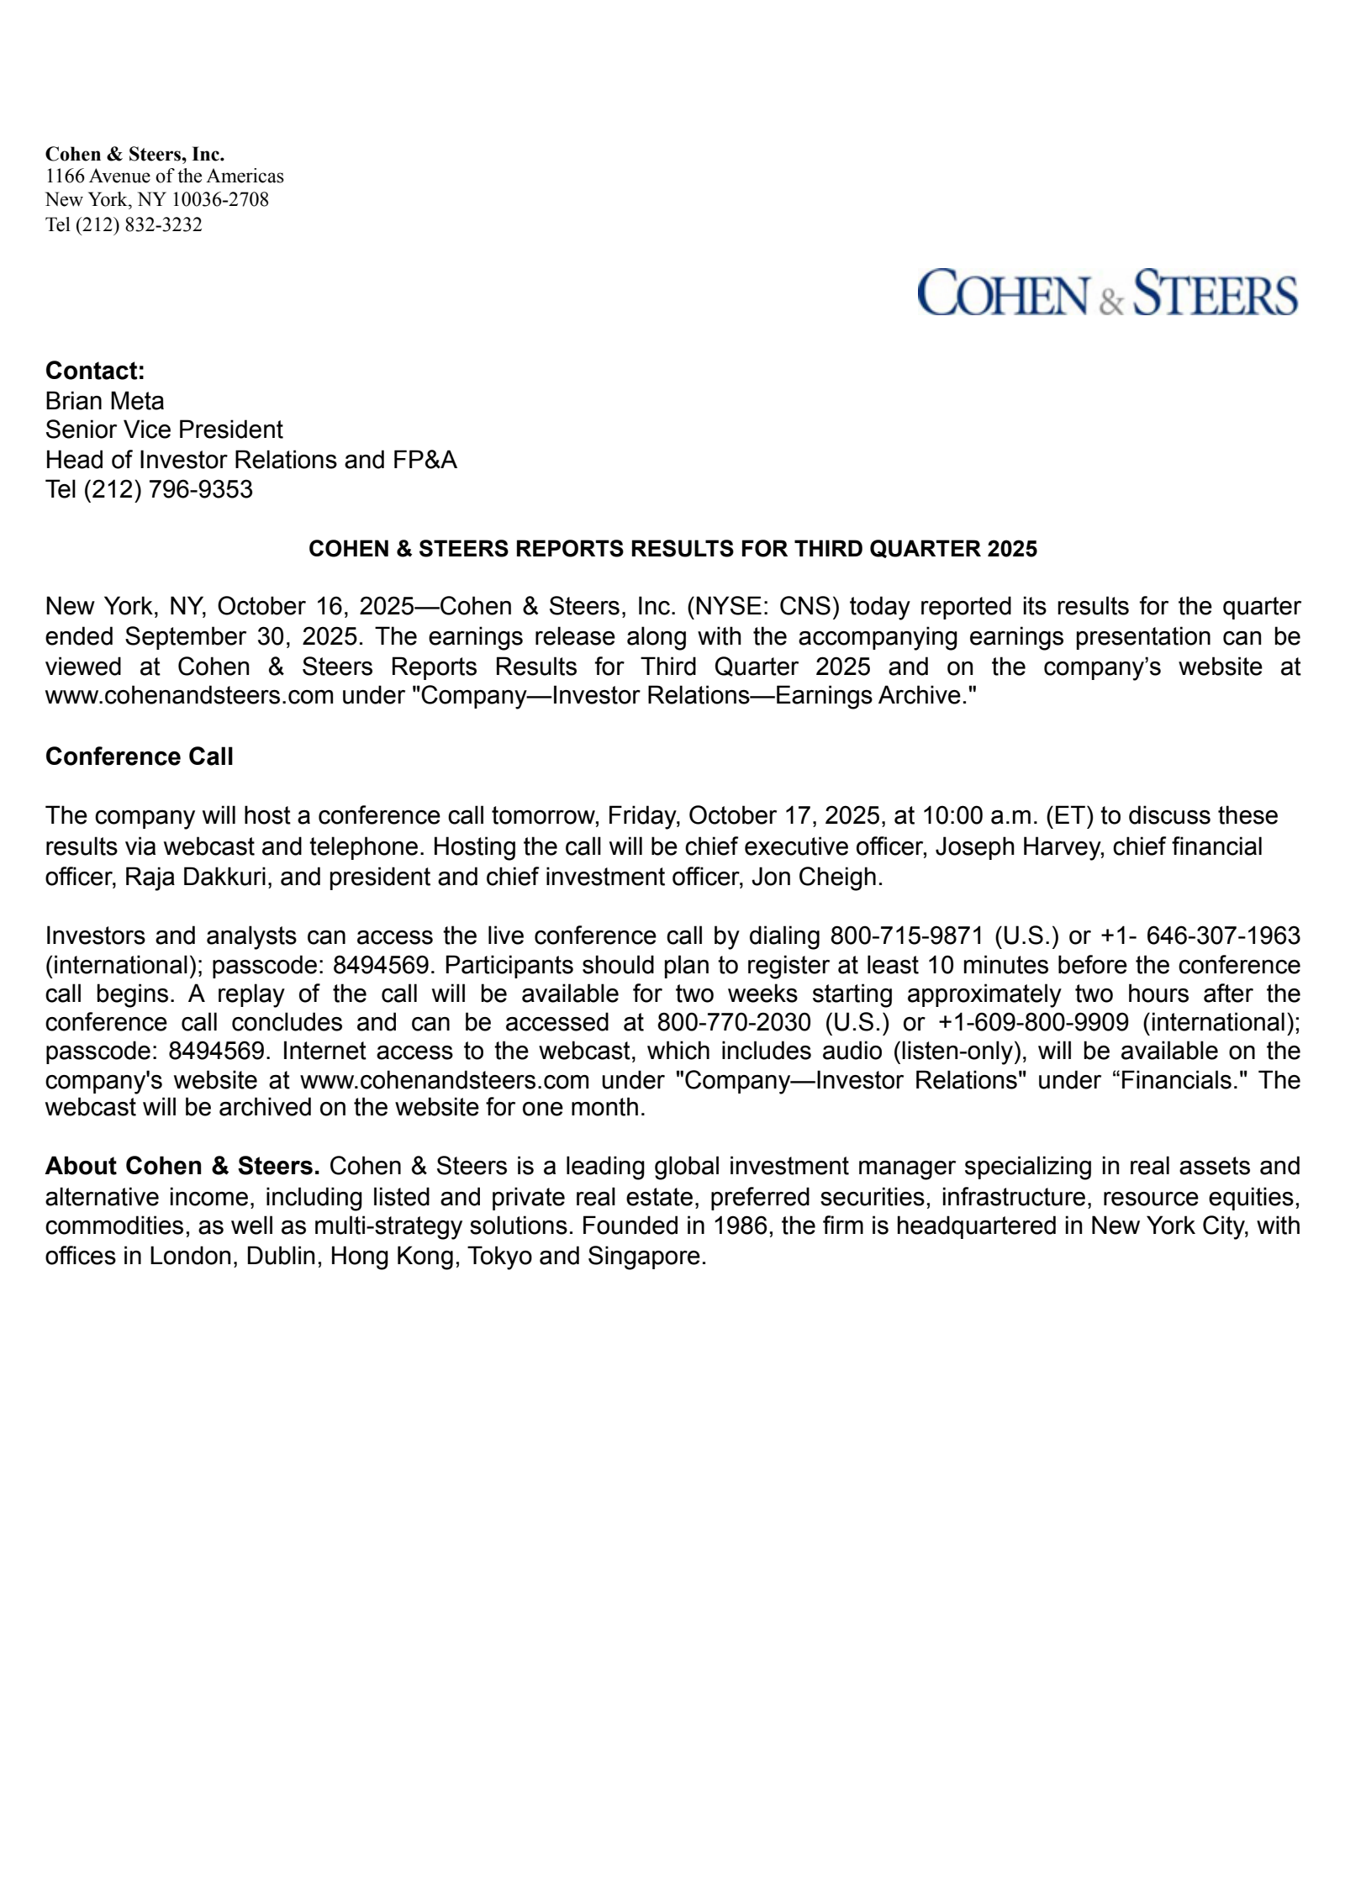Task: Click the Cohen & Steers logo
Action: (1106, 293)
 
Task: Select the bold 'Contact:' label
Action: (95, 371)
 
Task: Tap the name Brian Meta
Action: (104, 401)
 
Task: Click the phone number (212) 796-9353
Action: (167, 489)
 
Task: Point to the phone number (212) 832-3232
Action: (139, 224)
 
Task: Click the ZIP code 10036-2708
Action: (220, 199)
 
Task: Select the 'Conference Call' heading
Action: (139, 756)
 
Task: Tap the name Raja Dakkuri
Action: (195, 877)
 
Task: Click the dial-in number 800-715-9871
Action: (906, 936)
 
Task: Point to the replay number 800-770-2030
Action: (734, 1022)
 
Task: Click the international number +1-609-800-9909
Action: (1033, 1022)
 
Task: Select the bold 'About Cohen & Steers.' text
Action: (182, 1166)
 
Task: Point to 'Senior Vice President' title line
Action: (164, 430)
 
